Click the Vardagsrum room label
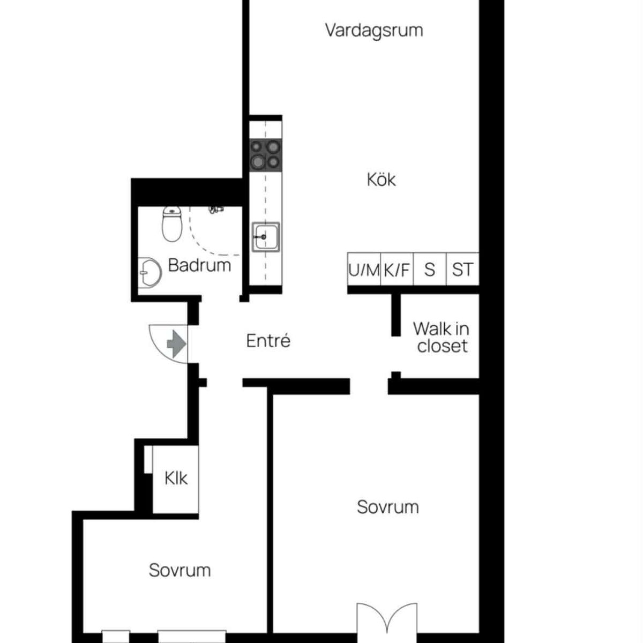[x=374, y=31]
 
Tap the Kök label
[x=381, y=180]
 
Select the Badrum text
[x=199, y=265]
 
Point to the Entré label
[x=268, y=341]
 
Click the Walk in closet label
[x=441, y=337]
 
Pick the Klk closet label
[x=176, y=478]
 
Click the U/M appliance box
[x=364, y=270]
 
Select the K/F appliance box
[x=397, y=270]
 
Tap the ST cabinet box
[x=462, y=270]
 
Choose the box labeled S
[x=430, y=270]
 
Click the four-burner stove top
[x=266, y=155]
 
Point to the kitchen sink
[x=266, y=237]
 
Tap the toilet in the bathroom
[x=172, y=223]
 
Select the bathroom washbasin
[x=150, y=273]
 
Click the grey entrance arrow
[x=176, y=343]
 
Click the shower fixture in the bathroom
[x=216, y=210]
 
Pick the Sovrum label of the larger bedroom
[x=388, y=507]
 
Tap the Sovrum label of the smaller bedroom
[x=180, y=570]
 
